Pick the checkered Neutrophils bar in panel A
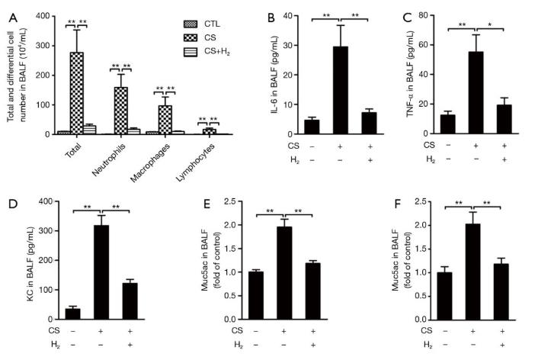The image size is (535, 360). click(x=120, y=111)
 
